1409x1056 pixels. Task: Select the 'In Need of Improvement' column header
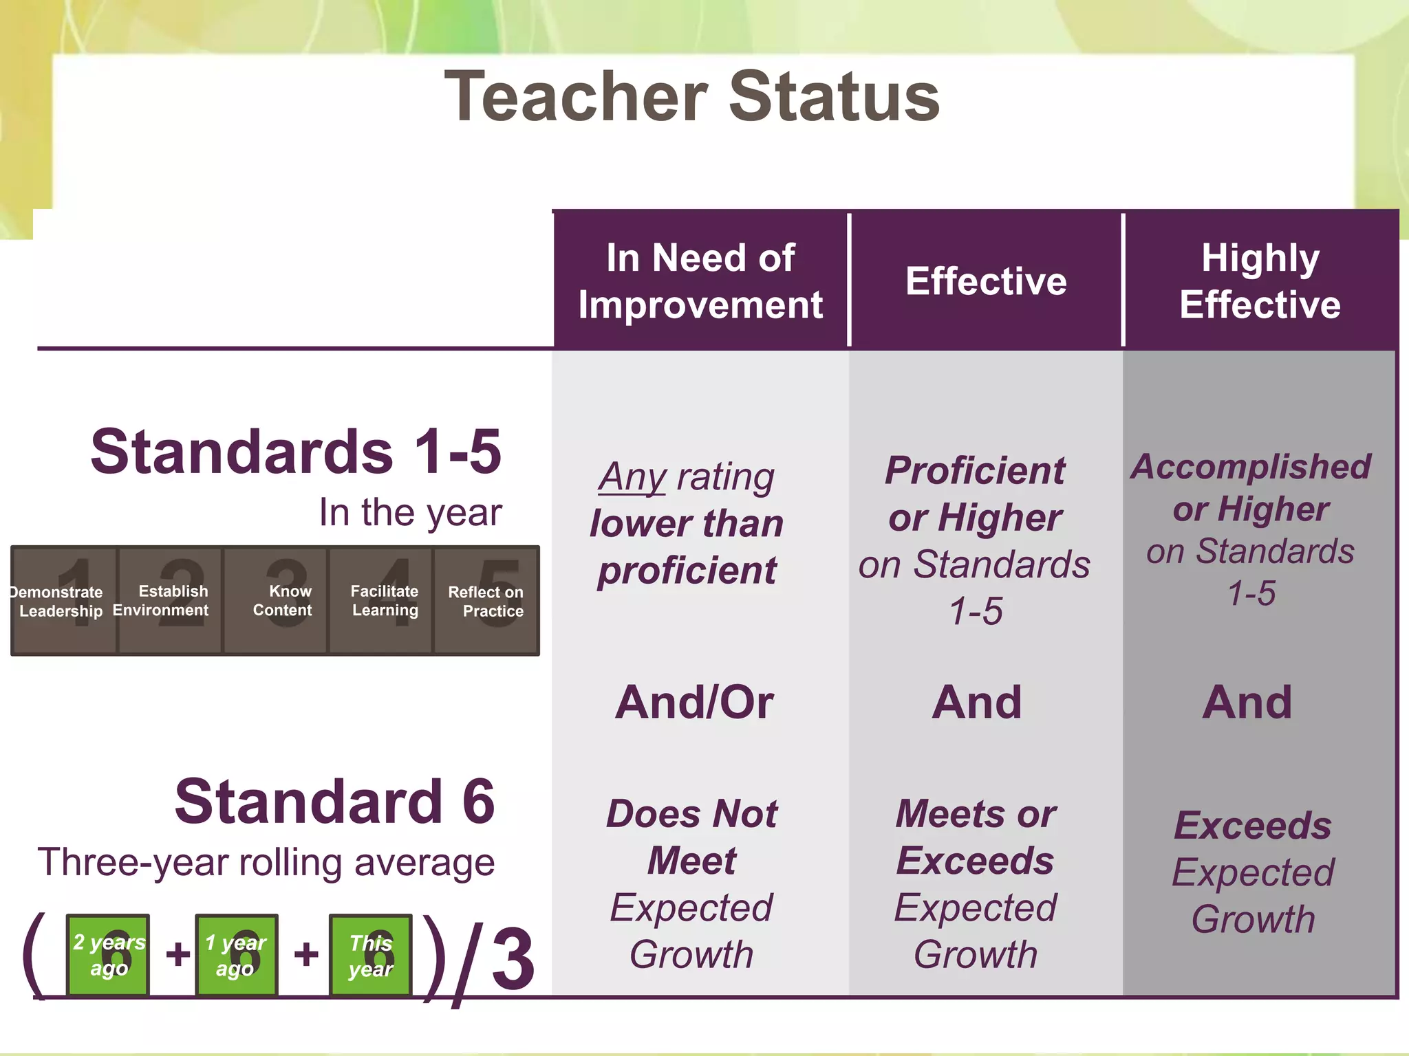point(700,280)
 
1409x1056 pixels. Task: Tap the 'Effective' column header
point(986,280)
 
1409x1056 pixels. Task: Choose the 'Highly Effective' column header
point(1260,280)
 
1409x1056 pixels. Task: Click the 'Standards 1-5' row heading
point(296,452)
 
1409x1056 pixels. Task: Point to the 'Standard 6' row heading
point(334,802)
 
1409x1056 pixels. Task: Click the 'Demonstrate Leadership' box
point(64,601)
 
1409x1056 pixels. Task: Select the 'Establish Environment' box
point(170,601)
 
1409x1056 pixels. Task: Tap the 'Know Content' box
point(275,601)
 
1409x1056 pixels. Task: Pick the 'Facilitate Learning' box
point(380,601)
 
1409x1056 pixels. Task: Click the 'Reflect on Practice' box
point(486,601)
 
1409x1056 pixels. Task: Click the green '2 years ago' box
point(108,955)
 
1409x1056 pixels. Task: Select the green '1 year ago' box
point(237,955)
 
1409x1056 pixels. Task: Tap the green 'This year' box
point(371,955)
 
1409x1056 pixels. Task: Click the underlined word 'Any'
point(632,477)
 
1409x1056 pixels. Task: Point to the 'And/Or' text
point(694,703)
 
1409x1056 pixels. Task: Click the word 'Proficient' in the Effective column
point(974,471)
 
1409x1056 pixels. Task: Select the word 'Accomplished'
point(1251,467)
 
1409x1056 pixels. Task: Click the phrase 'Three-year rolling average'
point(266,863)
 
